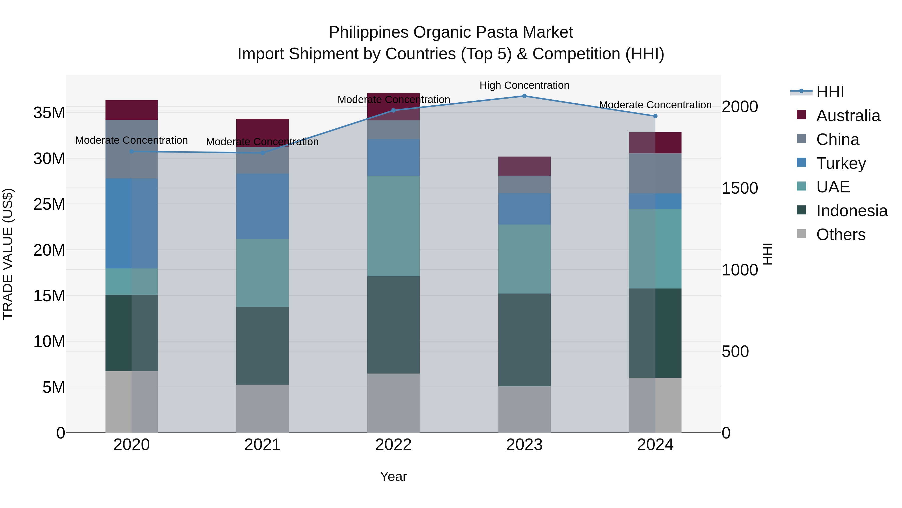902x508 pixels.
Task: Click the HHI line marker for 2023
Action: [524, 96]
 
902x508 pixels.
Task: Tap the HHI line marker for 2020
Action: [132, 152]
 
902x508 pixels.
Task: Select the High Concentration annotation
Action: [524, 85]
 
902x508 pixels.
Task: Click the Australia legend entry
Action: [848, 116]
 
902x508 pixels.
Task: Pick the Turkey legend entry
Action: [841, 163]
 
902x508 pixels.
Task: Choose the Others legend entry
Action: [840, 235]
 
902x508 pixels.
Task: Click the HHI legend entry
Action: [830, 92]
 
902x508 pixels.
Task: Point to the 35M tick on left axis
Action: [49, 113]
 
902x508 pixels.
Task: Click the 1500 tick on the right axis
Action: [740, 188]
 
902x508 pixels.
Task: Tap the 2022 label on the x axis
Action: [393, 445]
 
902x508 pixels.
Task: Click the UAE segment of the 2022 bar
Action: [393, 226]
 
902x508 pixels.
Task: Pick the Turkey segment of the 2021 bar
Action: [262, 206]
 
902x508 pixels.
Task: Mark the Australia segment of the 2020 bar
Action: [132, 110]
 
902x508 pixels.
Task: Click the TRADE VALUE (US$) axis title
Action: [8, 254]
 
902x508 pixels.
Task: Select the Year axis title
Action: [393, 476]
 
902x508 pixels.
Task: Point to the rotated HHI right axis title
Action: [767, 254]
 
